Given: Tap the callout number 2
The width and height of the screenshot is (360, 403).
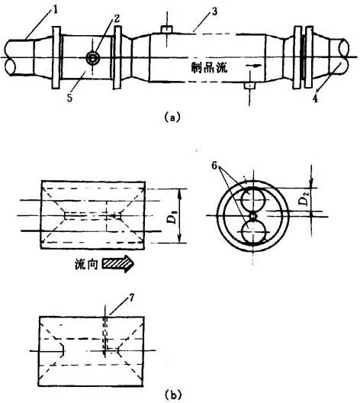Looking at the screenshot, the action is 117,18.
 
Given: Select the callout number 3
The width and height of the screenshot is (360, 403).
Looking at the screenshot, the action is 214,11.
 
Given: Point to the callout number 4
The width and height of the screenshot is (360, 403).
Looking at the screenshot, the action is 315,98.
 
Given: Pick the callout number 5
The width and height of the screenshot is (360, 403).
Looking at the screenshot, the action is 70,98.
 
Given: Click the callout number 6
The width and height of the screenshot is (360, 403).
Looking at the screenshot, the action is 214,166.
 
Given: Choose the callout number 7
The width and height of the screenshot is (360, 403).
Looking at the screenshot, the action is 131,298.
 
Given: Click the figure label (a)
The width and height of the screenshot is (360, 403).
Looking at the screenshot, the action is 172,118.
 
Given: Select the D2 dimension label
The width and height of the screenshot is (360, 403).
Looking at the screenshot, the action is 304,200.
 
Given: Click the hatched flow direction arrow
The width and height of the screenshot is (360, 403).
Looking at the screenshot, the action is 118,263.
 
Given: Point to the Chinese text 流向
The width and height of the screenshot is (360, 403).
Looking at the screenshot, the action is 86,264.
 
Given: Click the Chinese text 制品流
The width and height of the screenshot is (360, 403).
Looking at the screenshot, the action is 209,68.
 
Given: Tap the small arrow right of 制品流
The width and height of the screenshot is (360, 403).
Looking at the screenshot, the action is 253,66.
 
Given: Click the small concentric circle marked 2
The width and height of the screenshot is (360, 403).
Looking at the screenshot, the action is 92,58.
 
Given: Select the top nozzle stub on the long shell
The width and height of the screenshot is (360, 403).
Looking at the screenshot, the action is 167,29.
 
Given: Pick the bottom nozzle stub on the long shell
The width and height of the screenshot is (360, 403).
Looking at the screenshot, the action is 249,85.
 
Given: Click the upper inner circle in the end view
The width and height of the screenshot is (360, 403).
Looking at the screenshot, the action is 252,200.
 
